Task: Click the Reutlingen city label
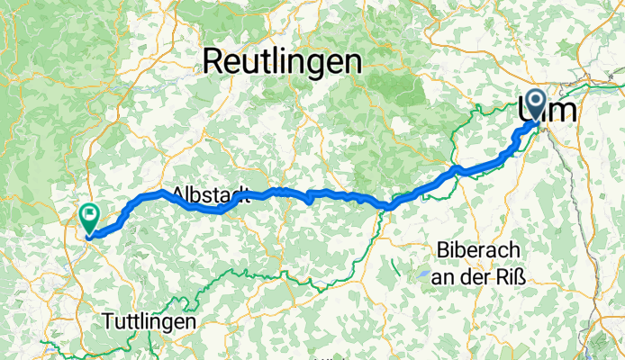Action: (x=283, y=62)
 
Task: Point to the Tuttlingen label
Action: (x=149, y=320)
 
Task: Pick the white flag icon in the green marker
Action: (x=90, y=215)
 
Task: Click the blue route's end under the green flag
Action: (x=89, y=238)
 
